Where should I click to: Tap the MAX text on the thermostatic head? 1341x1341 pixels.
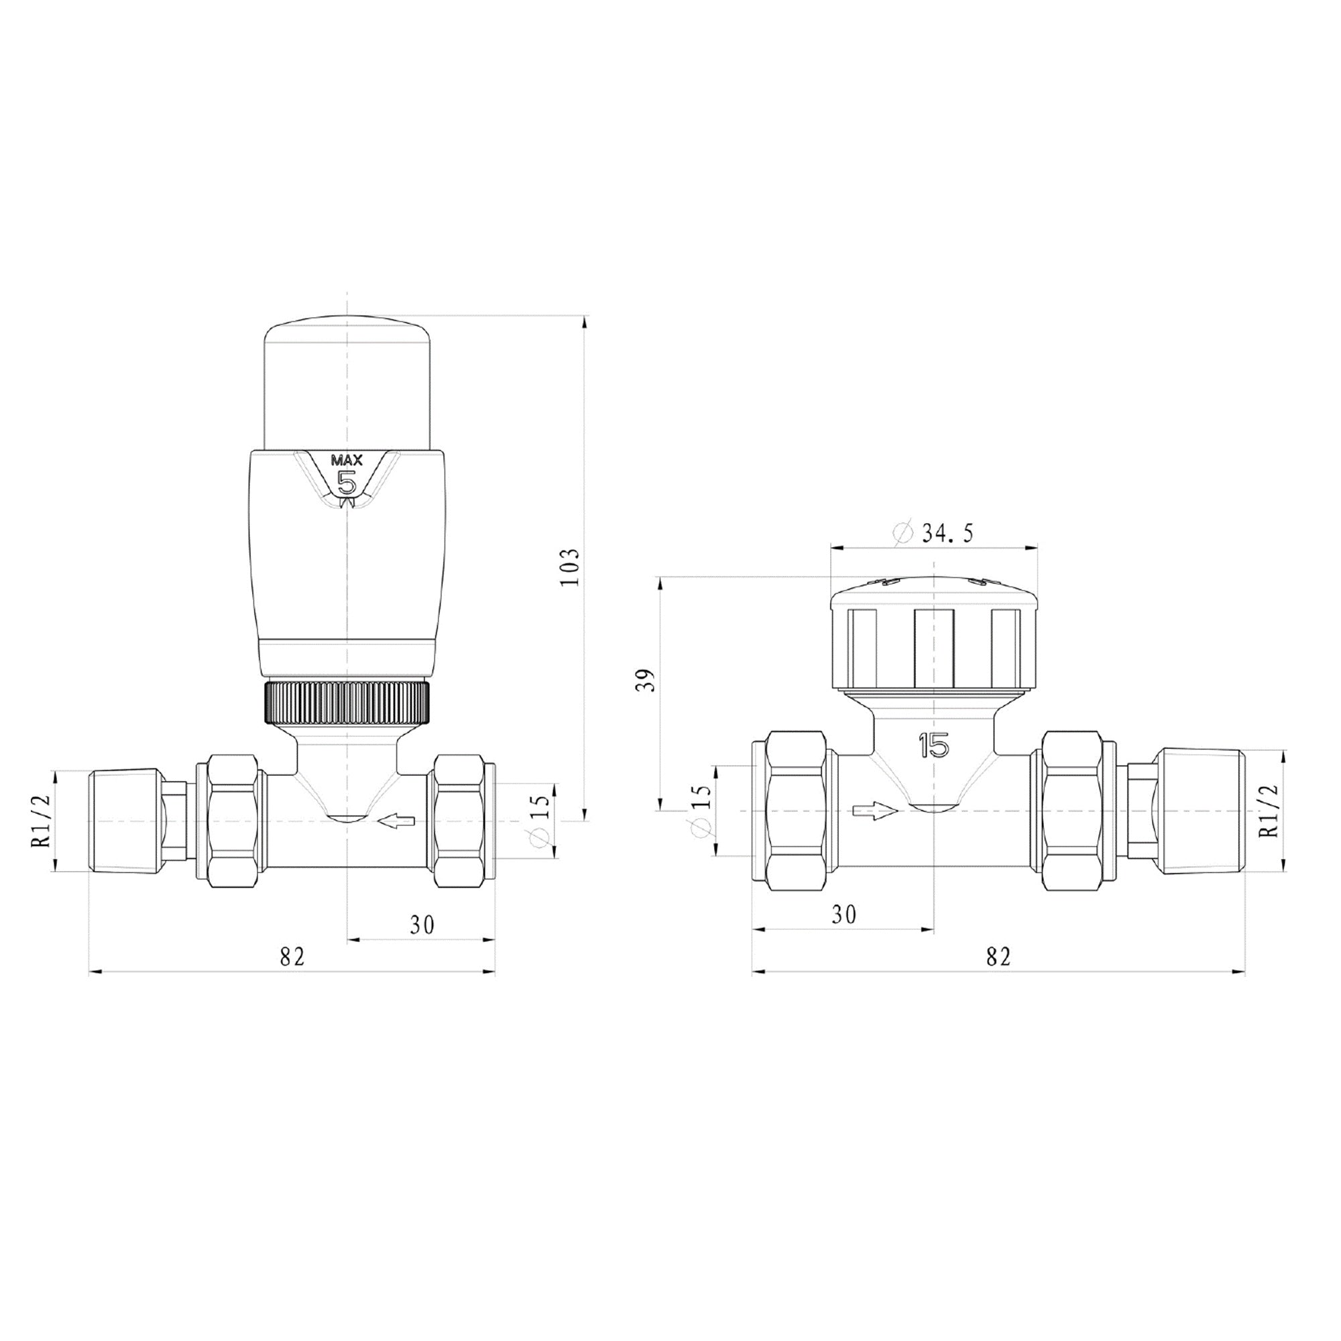point(347,459)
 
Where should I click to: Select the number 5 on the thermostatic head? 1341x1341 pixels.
point(346,481)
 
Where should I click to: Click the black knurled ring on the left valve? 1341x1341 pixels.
point(346,703)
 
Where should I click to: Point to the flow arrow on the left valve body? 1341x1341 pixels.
point(396,821)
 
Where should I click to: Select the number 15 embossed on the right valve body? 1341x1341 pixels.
point(933,747)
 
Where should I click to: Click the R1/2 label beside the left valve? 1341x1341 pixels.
point(43,821)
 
